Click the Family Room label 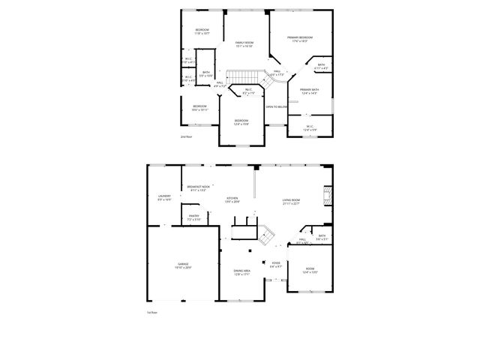coord(244,44)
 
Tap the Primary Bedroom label coord(299,38)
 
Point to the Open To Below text coord(276,106)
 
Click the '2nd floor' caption coord(186,137)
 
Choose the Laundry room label coord(164,198)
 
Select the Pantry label coord(193,217)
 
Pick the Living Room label coord(291,201)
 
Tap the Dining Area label coord(241,272)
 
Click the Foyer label coord(275,264)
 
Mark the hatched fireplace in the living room coord(326,196)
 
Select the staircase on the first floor coord(266,236)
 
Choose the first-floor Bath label coord(321,237)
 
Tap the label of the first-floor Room coord(310,271)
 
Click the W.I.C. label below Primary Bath coord(307,127)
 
